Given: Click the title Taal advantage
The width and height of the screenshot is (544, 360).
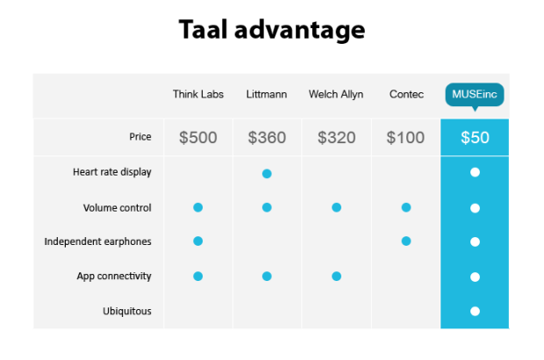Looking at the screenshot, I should tap(271, 30).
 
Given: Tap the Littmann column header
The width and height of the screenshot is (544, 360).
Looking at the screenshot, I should tap(267, 94).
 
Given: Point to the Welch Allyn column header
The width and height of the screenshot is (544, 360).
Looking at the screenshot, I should tap(336, 94).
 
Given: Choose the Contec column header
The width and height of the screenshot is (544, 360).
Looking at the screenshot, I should tap(406, 94).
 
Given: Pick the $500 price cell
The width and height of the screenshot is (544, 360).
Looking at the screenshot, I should tap(197, 138).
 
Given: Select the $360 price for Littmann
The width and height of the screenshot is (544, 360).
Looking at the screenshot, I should tap(267, 138).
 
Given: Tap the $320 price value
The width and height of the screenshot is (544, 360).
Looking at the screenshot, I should tap(336, 138).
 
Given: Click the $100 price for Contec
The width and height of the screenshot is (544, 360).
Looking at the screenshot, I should tap(405, 138).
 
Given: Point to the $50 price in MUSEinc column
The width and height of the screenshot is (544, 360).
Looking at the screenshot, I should tap(475, 138).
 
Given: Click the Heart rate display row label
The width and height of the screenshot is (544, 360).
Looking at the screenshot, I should tap(111, 172).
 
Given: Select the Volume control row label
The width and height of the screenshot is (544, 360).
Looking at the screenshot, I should tap(117, 208).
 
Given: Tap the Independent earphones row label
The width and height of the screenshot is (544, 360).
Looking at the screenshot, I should tap(97, 241).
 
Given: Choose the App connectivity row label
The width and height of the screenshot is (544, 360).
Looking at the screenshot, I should tap(114, 276).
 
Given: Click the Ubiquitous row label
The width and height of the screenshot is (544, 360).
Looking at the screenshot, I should tap(126, 310).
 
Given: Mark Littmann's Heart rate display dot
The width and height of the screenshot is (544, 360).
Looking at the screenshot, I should tap(267, 173).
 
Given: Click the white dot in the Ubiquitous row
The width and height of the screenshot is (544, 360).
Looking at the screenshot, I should tap(475, 311).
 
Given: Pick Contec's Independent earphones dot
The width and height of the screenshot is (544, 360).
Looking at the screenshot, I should tap(405, 241).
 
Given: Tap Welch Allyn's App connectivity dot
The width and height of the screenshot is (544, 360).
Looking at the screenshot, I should tap(336, 277).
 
